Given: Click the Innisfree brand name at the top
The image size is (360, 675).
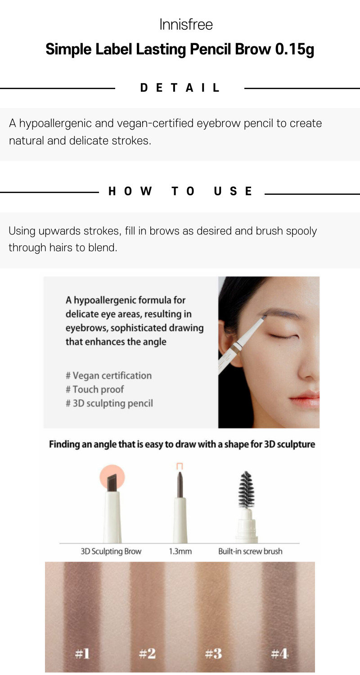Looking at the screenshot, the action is click(186, 24).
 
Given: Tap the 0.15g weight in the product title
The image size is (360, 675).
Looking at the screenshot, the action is click(295, 49).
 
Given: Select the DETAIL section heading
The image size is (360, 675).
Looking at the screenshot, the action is click(180, 88).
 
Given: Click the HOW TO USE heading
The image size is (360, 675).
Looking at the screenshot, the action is click(180, 191).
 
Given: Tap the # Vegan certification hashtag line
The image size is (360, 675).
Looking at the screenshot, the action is click(109, 375).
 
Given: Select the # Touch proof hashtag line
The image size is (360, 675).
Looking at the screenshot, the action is click(94, 389).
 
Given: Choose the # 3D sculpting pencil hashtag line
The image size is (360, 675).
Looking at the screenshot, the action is click(109, 403).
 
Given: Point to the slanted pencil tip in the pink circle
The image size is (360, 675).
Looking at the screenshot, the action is click(112, 482).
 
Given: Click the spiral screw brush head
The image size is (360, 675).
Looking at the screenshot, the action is click(247, 490).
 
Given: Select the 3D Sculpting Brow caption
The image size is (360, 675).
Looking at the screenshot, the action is click(111, 551).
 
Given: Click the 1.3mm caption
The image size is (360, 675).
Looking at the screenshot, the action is click(180, 551).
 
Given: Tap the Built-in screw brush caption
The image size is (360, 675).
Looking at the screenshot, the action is click(250, 551).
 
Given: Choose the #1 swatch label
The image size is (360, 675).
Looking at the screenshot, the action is click(82, 653).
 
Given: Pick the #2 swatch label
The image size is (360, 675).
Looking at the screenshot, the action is click(147, 653).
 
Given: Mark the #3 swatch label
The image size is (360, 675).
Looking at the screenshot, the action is click(213, 653).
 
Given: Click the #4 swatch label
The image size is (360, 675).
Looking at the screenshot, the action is click(279, 653).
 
